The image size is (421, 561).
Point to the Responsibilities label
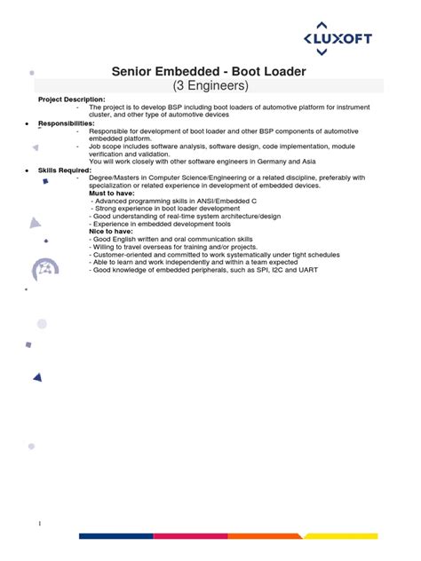[x=65, y=122]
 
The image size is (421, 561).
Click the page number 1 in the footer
[x=39, y=523]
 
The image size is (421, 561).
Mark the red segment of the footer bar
[x=190, y=536]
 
